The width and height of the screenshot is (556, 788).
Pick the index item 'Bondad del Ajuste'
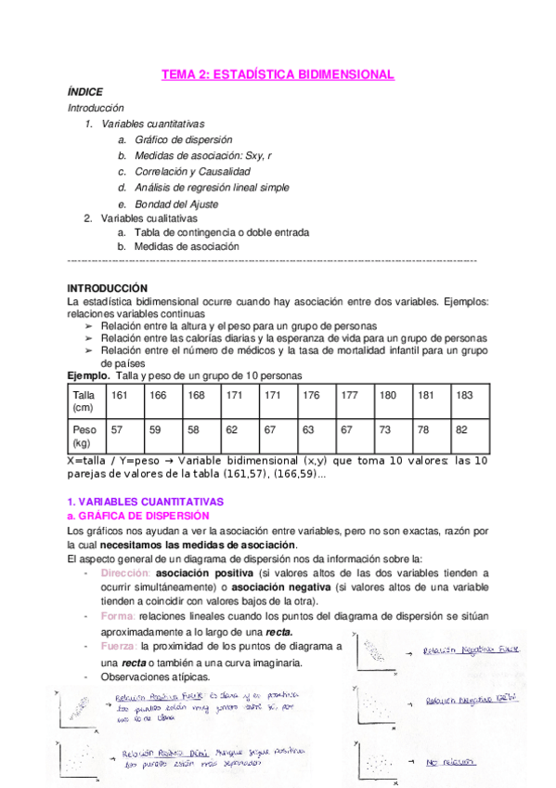click(176, 204)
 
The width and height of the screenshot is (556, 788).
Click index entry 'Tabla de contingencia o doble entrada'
click(222, 232)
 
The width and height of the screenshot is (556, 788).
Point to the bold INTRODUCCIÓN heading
click(108, 288)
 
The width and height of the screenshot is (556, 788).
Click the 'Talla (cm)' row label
click(84, 401)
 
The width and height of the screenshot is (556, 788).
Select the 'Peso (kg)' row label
click(84, 438)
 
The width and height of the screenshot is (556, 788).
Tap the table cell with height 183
click(464, 395)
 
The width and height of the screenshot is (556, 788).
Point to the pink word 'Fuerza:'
click(119, 646)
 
